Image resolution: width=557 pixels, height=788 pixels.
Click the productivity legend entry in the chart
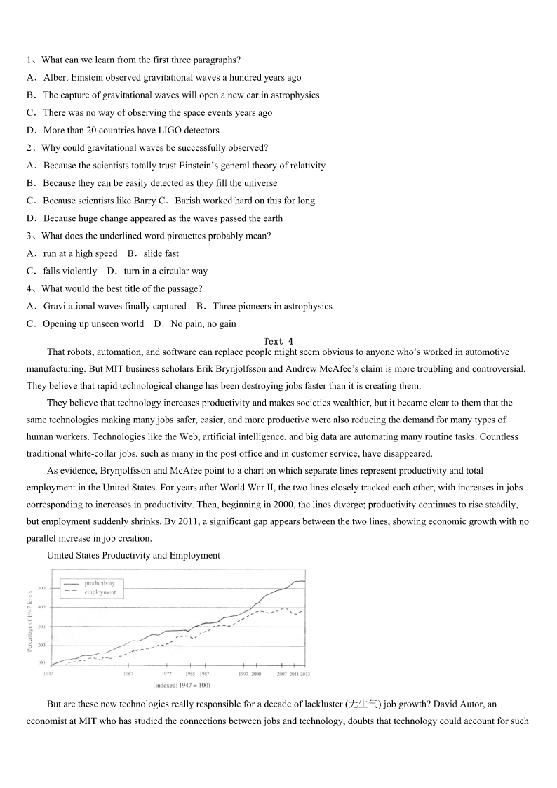(x=99, y=583)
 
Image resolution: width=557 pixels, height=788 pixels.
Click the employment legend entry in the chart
(x=100, y=592)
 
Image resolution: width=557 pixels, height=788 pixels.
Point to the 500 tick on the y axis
(x=41, y=588)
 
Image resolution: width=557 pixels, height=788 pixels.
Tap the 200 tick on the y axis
(x=41, y=645)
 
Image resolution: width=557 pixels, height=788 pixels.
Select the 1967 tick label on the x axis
(x=128, y=674)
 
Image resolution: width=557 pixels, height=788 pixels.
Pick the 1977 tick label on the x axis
(x=167, y=674)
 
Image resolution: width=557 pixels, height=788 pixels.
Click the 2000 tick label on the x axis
(x=257, y=674)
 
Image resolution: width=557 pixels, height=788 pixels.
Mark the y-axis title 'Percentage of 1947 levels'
(x=29, y=621)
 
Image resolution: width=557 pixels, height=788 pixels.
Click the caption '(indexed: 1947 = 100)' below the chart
(x=181, y=686)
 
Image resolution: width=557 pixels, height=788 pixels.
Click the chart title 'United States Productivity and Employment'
(x=133, y=555)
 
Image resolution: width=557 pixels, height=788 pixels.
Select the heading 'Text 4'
(x=278, y=341)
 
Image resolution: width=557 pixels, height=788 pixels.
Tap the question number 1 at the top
(x=29, y=60)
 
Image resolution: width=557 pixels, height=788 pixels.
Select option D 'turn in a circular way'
(x=157, y=271)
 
